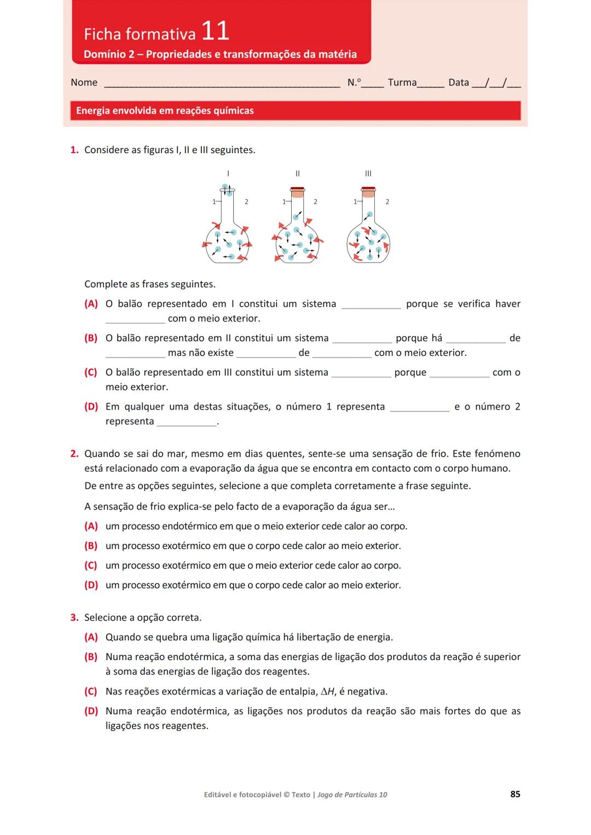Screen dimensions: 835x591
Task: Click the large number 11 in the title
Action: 215,31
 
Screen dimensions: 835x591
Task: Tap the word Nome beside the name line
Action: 84,83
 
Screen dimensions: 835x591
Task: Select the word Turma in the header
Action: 402,83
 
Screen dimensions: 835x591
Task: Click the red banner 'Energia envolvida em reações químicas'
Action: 295,110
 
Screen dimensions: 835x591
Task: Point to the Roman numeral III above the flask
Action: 368,173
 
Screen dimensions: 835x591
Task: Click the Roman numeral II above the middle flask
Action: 298,173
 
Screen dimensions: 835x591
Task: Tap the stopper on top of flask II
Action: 298,191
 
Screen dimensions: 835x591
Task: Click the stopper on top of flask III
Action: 368,191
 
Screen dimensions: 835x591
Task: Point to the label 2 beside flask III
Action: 387,202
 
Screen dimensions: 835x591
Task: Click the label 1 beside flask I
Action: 214,202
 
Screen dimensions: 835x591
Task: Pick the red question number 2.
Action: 74,454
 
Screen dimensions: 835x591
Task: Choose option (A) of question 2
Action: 91,526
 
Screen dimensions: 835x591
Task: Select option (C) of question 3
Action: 91,691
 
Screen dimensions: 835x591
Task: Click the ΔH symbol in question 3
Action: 327,692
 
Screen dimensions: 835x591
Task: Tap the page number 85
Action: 515,794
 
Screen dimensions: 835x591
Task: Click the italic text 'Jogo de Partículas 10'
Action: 352,795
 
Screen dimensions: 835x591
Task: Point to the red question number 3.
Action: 74,617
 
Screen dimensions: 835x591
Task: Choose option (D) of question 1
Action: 91,407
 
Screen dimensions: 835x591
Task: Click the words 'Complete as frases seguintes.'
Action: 150,284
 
